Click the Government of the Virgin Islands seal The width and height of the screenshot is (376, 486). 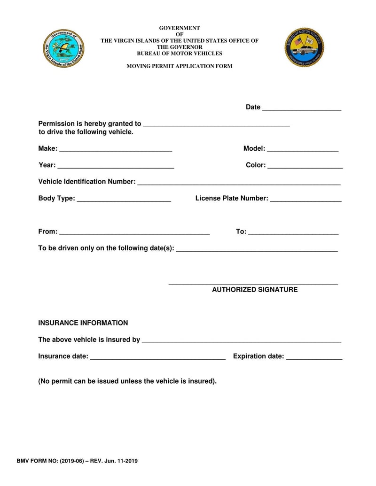tap(64, 48)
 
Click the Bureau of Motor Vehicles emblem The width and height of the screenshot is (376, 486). tap(304, 47)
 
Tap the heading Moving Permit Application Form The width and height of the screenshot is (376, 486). tap(179, 66)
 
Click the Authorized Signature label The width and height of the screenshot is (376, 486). tap(254, 290)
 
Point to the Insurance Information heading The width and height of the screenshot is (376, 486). tap(83, 323)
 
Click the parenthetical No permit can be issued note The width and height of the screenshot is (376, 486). tap(127, 381)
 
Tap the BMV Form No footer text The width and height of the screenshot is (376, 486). tap(77, 461)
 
